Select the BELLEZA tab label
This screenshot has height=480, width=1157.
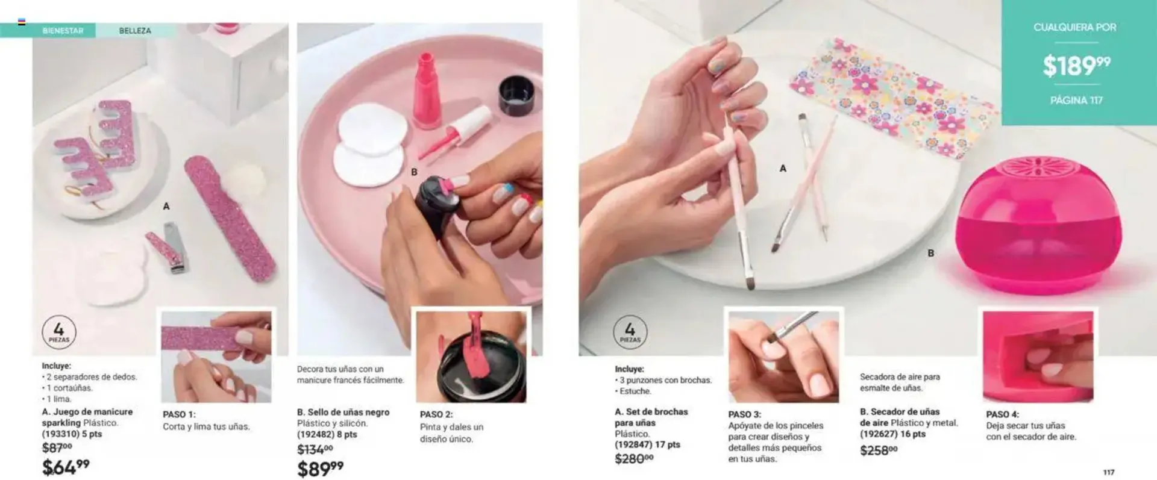[135, 31]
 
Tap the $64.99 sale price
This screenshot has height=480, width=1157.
[66, 467]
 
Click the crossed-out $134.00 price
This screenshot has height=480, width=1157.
[315, 449]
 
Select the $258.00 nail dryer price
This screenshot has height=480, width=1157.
[879, 450]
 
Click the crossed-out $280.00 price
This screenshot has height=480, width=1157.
[633, 459]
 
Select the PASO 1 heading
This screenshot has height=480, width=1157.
[179, 414]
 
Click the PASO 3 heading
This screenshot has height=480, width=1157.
[744, 414]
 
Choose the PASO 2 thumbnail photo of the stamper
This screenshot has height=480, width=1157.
[471, 357]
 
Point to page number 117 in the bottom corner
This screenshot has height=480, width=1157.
[1109, 473]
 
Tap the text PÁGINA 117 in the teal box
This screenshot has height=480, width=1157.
[1076, 101]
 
